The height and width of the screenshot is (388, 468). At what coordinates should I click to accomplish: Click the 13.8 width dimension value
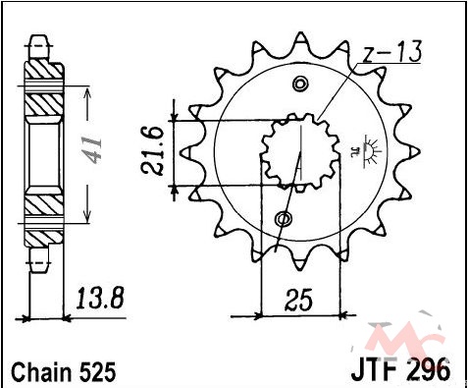click(x=100, y=299)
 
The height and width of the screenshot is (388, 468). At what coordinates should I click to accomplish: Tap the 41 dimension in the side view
click(x=93, y=150)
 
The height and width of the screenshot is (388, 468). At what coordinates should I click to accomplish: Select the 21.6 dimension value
click(x=152, y=150)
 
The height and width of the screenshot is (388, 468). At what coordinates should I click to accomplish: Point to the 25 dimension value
click(x=298, y=300)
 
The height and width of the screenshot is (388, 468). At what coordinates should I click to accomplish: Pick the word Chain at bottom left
click(x=41, y=372)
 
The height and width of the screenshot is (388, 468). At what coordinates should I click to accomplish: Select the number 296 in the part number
click(x=428, y=370)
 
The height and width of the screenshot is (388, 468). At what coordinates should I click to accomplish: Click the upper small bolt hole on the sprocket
click(x=299, y=84)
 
